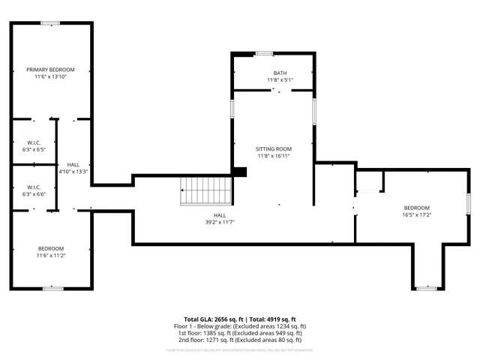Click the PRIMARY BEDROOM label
[x=51, y=69]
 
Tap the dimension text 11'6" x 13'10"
[x=51, y=76]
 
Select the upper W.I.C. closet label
[x=33, y=142]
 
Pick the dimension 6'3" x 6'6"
[x=33, y=193]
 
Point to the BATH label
[x=279, y=73]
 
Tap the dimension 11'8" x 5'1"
[x=279, y=79]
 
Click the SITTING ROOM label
[x=274, y=149]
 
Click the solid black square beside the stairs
[x=239, y=172]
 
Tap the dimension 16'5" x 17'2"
[x=416, y=214]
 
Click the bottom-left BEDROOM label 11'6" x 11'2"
[x=51, y=248]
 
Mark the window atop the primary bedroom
[x=51, y=23]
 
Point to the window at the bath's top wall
[x=263, y=53]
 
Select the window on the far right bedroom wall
[x=468, y=202]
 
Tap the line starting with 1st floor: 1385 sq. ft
[x=239, y=333]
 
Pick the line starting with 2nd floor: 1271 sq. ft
[x=239, y=340]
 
